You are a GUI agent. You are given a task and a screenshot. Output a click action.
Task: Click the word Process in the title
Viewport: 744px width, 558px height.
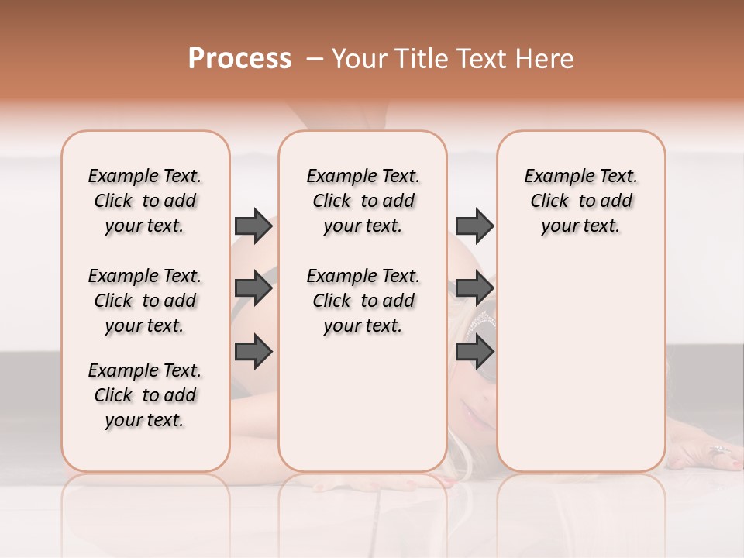pos(239,59)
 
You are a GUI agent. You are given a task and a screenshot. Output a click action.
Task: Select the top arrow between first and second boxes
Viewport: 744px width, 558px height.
pos(253,226)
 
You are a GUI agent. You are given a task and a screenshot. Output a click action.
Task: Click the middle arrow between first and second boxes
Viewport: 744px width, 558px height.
pos(253,288)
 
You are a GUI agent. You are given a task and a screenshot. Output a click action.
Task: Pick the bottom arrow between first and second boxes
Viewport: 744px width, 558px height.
pos(253,351)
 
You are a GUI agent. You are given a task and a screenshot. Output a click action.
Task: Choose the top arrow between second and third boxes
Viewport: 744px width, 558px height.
pos(474,226)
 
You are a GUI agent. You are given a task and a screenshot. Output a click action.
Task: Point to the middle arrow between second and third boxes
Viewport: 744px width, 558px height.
pos(474,288)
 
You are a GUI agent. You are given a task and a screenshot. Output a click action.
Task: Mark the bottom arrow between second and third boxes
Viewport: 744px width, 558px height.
pos(474,351)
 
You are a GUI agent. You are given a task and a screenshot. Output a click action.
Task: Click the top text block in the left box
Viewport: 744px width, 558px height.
pos(145,201)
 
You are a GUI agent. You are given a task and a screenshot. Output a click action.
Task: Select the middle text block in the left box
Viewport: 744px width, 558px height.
pos(145,301)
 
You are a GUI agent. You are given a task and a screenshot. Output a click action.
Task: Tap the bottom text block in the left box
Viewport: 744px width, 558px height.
pos(145,395)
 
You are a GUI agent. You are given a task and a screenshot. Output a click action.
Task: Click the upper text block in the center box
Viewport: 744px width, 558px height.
pos(363,201)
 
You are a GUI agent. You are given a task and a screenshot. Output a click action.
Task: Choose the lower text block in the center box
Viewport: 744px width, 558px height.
pos(363,301)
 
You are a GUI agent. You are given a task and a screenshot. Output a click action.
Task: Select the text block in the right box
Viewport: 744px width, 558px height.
pos(580,201)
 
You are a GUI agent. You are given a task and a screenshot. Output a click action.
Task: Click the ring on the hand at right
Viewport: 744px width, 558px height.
pos(718,449)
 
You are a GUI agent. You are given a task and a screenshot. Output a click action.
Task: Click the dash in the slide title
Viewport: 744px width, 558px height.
pos(315,59)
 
